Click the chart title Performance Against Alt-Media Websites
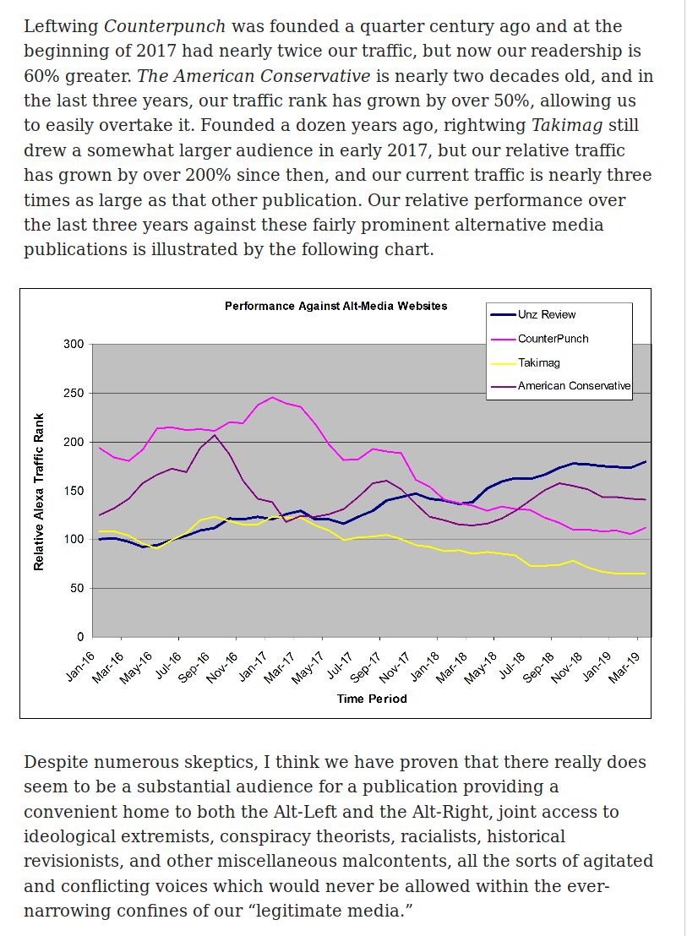coord(335,306)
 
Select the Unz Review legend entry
coord(547,315)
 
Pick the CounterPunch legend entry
coord(553,339)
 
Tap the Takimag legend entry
coord(538,362)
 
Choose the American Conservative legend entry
coord(574,386)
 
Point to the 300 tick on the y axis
coord(74,345)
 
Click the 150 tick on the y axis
coord(74,491)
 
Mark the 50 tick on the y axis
coord(77,588)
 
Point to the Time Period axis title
coord(372,699)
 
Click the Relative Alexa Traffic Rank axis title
coord(39,492)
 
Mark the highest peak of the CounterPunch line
coord(272,397)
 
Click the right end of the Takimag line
coord(646,574)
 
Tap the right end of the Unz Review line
coord(646,461)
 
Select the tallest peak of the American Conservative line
coord(215,435)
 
